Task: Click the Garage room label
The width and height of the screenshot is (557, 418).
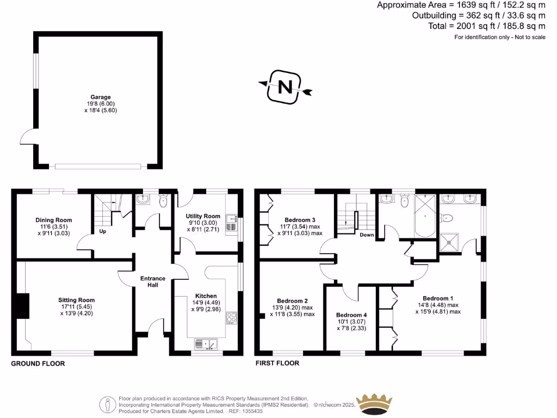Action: tap(100, 97)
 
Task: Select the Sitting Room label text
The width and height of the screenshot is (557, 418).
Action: tap(77, 300)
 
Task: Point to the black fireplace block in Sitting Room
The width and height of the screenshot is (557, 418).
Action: tap(22, 305)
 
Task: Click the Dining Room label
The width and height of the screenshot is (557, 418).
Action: tap(54, 220)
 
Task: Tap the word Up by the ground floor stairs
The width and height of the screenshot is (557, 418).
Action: tap(102, 231)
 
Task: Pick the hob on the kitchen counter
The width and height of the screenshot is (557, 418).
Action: tap(232, 318)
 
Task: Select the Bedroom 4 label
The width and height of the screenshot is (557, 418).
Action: tap(351, 315)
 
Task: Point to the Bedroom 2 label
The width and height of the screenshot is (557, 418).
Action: tap(292, 301)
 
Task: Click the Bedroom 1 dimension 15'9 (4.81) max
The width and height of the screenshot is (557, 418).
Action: tap(438, 312)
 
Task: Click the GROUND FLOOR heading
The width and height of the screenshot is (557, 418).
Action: tap(38, 363)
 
